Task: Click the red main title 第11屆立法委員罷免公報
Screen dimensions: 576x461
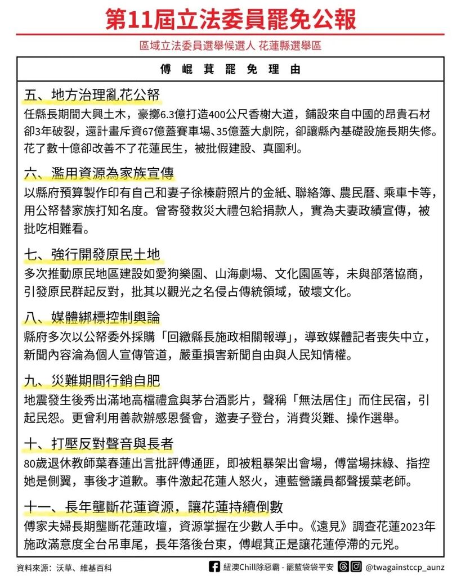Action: click(x=230, y=19)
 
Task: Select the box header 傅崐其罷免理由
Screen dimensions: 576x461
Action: click(x=230, y=70)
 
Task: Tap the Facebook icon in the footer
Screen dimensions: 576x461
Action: click(x=214, y=567)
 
